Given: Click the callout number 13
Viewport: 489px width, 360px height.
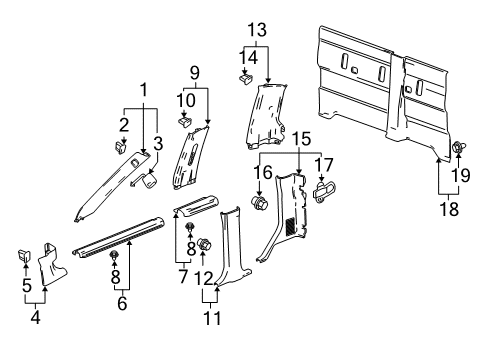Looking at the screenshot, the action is click(x=257, y=30).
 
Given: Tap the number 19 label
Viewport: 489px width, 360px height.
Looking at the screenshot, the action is click(x=461, y=175).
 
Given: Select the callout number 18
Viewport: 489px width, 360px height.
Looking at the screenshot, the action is click(x=449, y=209).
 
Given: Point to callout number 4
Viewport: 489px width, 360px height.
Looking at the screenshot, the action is click(x=35, y=317).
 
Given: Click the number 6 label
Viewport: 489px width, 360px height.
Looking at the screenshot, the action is click(x=122, y=303).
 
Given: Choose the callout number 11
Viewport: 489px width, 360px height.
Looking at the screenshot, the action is click(x=212, y=318).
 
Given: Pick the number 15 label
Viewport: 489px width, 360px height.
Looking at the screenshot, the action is click(x=301, y=139).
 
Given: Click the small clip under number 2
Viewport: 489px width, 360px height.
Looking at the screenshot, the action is click(x=121, y=147).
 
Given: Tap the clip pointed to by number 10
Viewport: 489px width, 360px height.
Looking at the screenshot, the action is click(x=185, y=122).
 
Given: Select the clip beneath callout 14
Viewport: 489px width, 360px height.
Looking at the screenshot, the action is click(x=246, y=80).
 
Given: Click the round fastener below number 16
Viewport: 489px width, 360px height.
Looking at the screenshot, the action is click(x=260, y=203).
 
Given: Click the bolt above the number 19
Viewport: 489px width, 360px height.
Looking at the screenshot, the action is click(x=459, y=147).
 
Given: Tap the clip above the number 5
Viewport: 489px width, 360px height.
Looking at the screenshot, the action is click(x=24, y=256).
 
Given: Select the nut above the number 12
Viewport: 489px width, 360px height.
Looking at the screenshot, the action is click(x=205, y=246).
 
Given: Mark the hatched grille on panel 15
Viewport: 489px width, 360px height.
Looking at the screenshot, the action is click(x=291, y=225).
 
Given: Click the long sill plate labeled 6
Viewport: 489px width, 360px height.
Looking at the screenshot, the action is click(x=118, y=237).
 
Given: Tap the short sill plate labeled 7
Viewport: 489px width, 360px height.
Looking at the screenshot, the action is click(x=197, y=206).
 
